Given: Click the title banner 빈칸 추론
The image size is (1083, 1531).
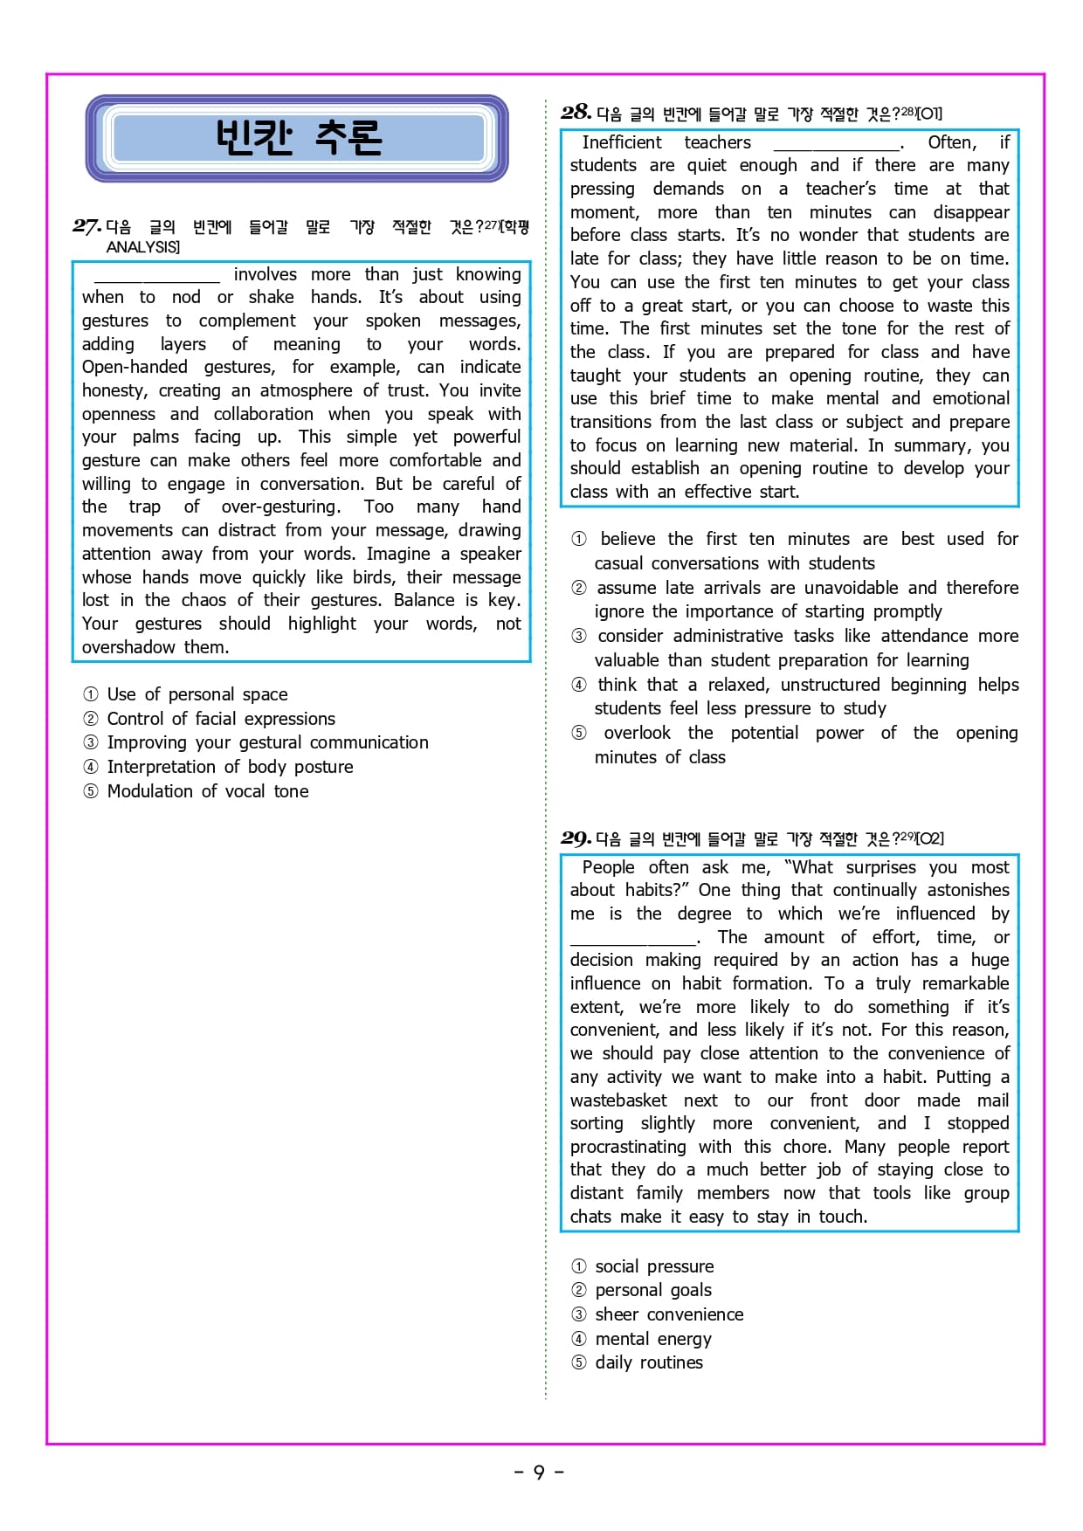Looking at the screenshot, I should (x=297, y=138).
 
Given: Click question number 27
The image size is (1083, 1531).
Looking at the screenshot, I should (x=86, y=226).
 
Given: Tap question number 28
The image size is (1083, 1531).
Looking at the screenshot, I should (x=576, y=112).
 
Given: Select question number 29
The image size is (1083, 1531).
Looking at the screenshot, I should (x=576, y=838).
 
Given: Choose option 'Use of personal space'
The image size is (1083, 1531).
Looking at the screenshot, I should (x=197, y=694).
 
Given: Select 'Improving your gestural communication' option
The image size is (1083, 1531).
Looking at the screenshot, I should (x=267, y=742).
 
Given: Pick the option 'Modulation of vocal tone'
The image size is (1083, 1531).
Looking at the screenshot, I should (x=207, y=791).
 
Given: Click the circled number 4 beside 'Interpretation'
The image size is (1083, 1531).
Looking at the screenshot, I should (x=91, y=767).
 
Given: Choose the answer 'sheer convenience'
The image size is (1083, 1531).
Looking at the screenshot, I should (x=669, y=1314).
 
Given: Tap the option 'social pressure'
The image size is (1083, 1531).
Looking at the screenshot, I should (x=654, y=1266).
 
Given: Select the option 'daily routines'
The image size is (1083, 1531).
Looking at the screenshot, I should (x=648, y=1362).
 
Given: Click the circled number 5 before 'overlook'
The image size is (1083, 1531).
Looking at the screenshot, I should (x=579, y=733).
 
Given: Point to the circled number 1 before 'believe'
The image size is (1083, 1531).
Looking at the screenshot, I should (x=579, y=539).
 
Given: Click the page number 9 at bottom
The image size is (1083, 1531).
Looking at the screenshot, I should (x=539, y=1472).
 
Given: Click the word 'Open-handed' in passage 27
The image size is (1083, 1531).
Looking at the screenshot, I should (x=135, y=367).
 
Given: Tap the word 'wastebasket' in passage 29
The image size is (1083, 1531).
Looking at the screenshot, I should (x=618, y=1100).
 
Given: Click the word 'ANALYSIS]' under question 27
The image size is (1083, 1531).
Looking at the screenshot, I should (x=143, y=247).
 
